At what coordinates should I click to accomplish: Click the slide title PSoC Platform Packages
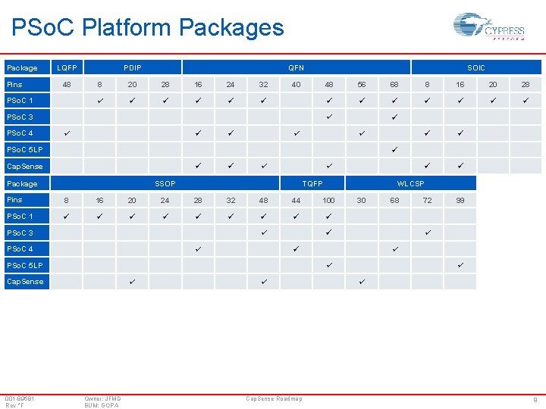[x=148, y=28]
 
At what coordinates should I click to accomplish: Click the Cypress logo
[x=488, y=28]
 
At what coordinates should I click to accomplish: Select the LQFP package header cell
[x=67, y=68]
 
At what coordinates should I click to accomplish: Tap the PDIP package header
[x=133, y=68]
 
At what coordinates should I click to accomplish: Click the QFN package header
[x=296, y=68]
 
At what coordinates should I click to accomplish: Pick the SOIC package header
[x=476, y=68]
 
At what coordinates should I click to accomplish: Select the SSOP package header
[x=165, y=183]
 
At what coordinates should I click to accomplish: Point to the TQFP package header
[x=312, y=183]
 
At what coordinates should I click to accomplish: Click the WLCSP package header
[x=411, y=183]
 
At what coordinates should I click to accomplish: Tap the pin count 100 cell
[x=328, y=200]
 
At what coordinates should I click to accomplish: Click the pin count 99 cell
[x=460, y=200]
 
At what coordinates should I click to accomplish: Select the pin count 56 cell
[x=362, y=85]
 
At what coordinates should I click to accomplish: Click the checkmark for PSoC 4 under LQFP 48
[x=67, y=133]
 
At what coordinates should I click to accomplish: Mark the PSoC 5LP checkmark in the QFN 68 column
[x=394, y=149]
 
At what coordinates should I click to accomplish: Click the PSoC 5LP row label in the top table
[x=25, y=149]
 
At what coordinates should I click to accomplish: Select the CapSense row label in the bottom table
[x=25, y=282]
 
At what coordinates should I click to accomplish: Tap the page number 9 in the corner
[x=536, y=399]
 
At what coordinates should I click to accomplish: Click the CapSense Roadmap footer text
[x=274, y=398]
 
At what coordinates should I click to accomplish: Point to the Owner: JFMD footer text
[x=102, y=398]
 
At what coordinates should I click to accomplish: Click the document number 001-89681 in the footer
[x=20, y=398]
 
